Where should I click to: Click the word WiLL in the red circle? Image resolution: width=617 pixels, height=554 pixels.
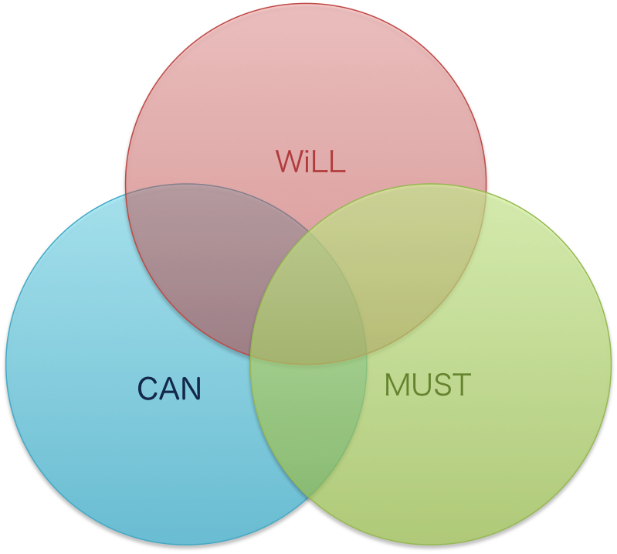pyautogui.click(x=310, y=161)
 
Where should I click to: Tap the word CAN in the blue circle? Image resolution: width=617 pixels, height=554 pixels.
pyautogui.click(x=169, y=388)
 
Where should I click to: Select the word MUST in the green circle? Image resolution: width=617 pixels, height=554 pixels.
pyautogui.click(x=427, y=385)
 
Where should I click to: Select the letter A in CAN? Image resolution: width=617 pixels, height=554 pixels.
pyautogui.click(x=169, y=388)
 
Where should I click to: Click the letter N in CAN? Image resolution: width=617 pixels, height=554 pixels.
pyautogui.click(x=192, y=388)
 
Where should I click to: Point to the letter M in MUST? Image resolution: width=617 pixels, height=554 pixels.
pyautogui.click(x=396, y=385)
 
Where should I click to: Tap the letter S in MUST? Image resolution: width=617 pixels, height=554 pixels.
pyautogui.click(x=442, y=385)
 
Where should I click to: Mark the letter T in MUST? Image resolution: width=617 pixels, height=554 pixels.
pyautogui.click(x=460, y=385)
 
